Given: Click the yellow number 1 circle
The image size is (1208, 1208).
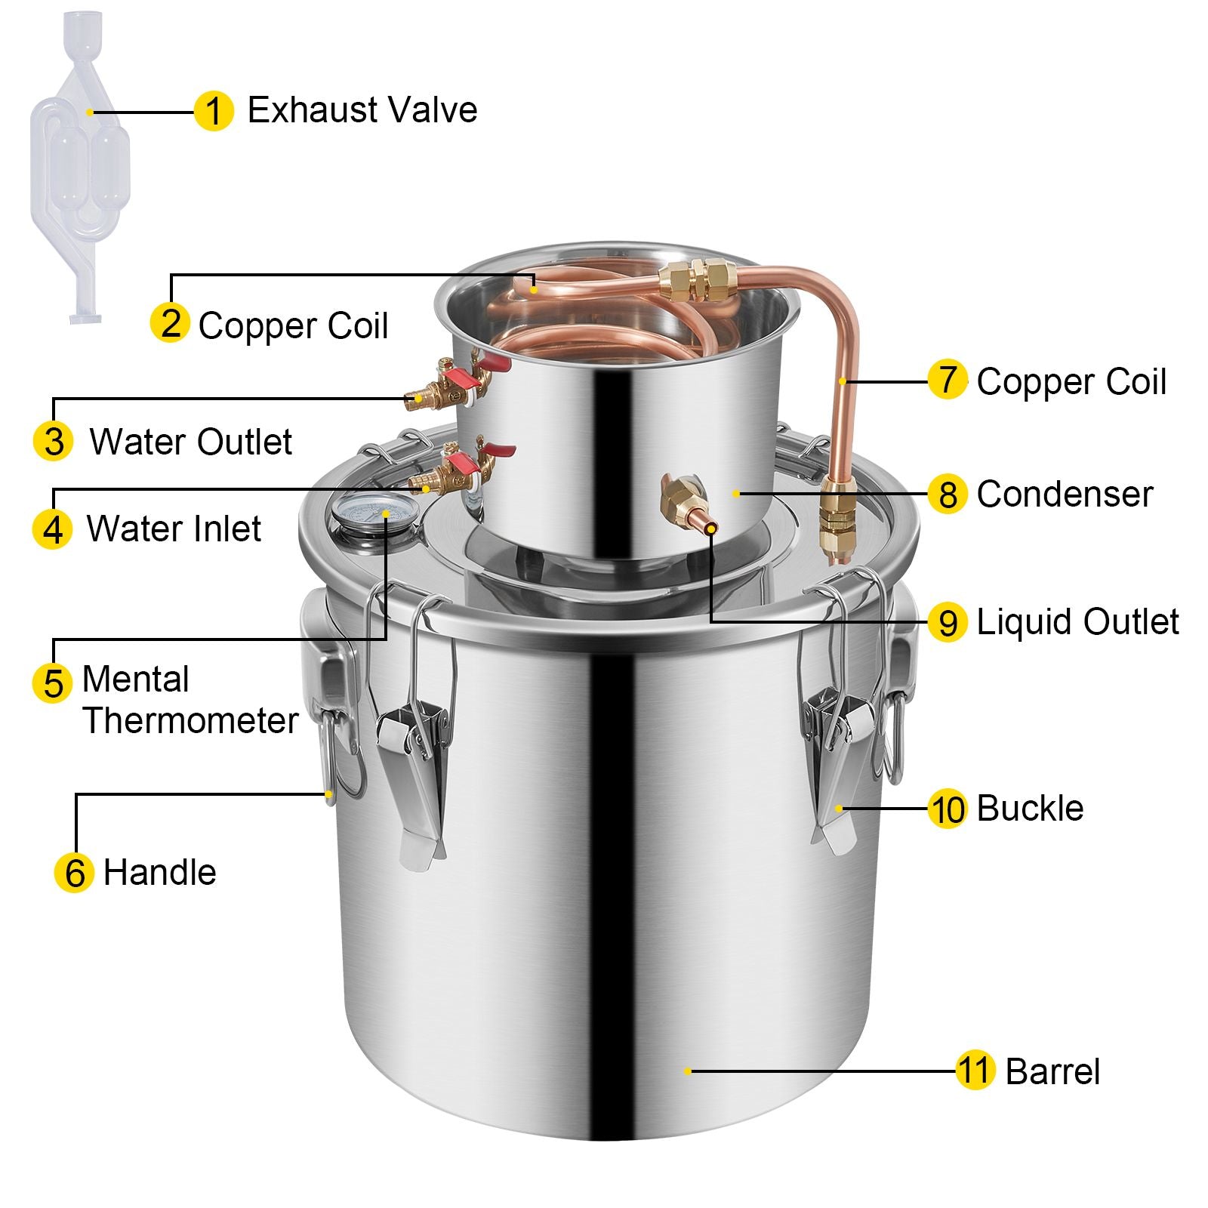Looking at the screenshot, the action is click(214, 112).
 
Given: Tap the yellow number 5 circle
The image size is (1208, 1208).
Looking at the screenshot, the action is click(53, 683).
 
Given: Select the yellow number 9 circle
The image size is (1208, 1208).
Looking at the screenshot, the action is click(948, 622).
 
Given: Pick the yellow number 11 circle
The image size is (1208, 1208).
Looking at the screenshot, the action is click(975, 1071).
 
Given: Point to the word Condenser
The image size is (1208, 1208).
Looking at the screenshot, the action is click(1065, 495).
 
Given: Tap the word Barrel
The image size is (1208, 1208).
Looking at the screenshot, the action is click(1052, 1071).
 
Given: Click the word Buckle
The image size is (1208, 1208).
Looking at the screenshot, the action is click(1030, 808).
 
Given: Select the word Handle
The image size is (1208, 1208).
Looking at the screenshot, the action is click(160, 872).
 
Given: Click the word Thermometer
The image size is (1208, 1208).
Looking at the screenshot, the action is click(190, 720).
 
